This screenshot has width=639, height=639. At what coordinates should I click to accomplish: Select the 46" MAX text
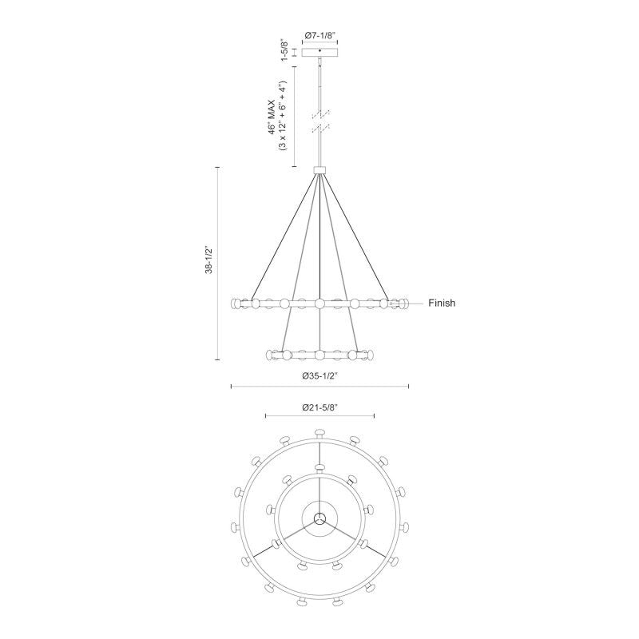pyautogui.click(x=272, y=115)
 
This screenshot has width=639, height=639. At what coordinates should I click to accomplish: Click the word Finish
pyautogui.click(x=442, y=304)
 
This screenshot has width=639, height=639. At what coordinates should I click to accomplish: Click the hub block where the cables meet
pyautogui.click(x=320, y=169)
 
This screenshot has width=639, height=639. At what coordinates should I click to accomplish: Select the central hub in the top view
pyautogui.click(x=319, y=518)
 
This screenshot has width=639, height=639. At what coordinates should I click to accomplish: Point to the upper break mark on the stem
pyautogui.click(x=320, y=113)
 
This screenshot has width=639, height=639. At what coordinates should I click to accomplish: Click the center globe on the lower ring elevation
pyautogui.click(x=319, y=353)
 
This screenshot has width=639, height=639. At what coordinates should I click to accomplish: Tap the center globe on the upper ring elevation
pyautogui.click(x=319, y=304)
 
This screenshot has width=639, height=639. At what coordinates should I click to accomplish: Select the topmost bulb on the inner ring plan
pyautogui.click(x=319, y=467)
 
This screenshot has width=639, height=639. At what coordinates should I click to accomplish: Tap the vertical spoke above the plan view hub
pyautogui.click(x=319, y=495)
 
